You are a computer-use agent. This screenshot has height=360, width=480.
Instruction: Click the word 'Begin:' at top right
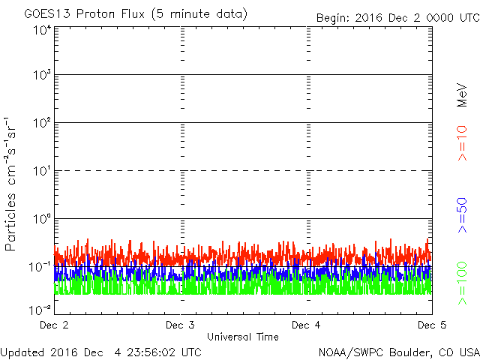coord(334,16)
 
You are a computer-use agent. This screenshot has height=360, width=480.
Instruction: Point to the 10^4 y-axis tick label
coord(41,30)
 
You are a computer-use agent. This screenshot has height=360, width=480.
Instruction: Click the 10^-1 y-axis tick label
coord(40,266)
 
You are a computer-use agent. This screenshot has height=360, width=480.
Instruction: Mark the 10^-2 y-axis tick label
coord(40,309)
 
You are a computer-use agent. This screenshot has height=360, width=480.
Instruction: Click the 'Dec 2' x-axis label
coord(54,325)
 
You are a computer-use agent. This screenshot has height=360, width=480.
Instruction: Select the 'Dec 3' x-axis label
coord(180,325)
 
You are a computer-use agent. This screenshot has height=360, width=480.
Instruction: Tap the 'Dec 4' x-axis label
coord(306,325)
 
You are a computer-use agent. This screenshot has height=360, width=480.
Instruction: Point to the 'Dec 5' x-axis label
coord(431,325)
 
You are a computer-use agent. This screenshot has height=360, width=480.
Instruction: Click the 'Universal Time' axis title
coord(243,337)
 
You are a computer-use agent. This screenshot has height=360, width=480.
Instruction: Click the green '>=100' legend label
coord(463,283)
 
